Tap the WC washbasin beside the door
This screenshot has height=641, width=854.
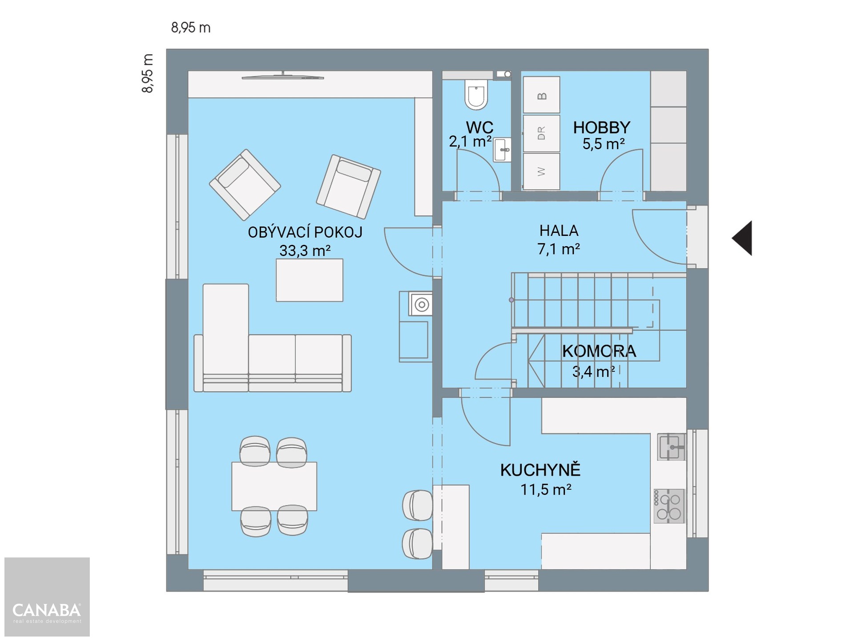click(x=502, y=150)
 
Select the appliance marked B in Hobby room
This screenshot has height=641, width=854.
click(x=541, y=95)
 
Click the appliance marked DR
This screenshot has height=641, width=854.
click(x=541, y=134)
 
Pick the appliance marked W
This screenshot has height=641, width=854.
click(x=541, y=171)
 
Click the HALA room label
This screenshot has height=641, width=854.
click(x=559, y=231)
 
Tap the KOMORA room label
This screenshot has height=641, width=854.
click(x=599, y=351)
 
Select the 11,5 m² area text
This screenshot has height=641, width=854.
click(x=546, y=490)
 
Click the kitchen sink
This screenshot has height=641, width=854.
click(x=671, y=447)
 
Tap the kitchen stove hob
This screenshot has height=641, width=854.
click(x=669, y=506)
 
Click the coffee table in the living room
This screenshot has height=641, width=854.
click(x=310, y=280)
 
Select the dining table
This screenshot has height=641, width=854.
click(x=274, y=486)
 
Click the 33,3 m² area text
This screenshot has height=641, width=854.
click(x=305, y=251)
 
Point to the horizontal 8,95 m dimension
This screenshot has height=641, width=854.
click(x=191, y=28)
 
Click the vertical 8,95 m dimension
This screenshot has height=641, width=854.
click(x=148, y=73)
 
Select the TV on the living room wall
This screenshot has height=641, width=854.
click(x=283, y=77)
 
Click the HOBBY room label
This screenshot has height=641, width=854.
click(x=601, y=128)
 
